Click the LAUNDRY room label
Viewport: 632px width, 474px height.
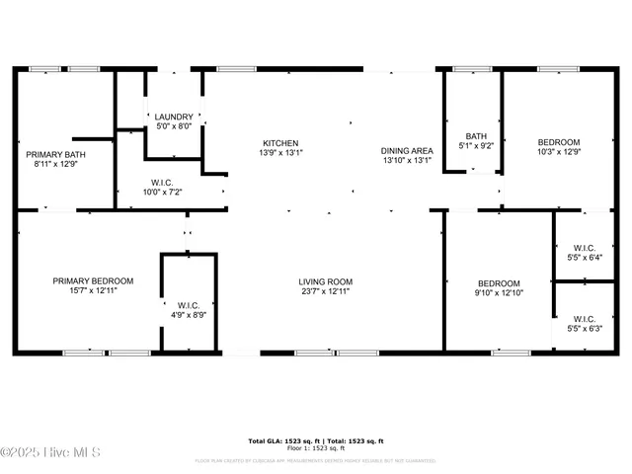pos(174,117)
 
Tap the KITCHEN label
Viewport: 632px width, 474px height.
pos(279,142)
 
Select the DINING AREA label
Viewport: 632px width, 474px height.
pos(407,151)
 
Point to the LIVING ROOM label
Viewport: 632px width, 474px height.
pos(326,281)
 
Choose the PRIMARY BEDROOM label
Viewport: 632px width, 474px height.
pos(93,280)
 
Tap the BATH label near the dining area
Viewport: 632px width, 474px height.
pos(476,136)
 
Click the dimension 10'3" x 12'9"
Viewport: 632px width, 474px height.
pos(558,152)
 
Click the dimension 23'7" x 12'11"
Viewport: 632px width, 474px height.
pos(326,291)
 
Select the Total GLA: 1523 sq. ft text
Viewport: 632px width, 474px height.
pos(279,440)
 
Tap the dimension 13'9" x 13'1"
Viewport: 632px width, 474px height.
pos(279,152)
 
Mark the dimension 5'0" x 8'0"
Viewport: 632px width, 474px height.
pos(174,126)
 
